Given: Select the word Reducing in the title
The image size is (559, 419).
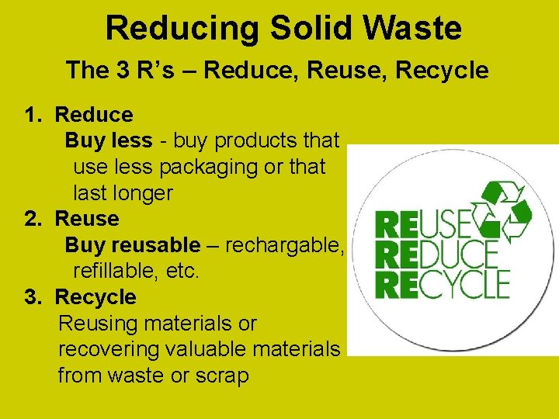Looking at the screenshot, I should (183, 28).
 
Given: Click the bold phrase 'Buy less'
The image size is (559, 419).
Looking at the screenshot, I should (108, 140).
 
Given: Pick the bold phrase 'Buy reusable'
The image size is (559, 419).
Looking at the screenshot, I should (132, 245).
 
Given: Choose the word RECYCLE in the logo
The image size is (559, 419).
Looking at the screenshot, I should (442, 284).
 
